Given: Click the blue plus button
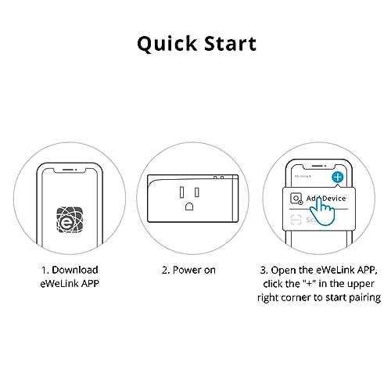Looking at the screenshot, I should [x=337, y=178].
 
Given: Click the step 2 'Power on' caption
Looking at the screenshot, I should [x=189, y=270].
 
